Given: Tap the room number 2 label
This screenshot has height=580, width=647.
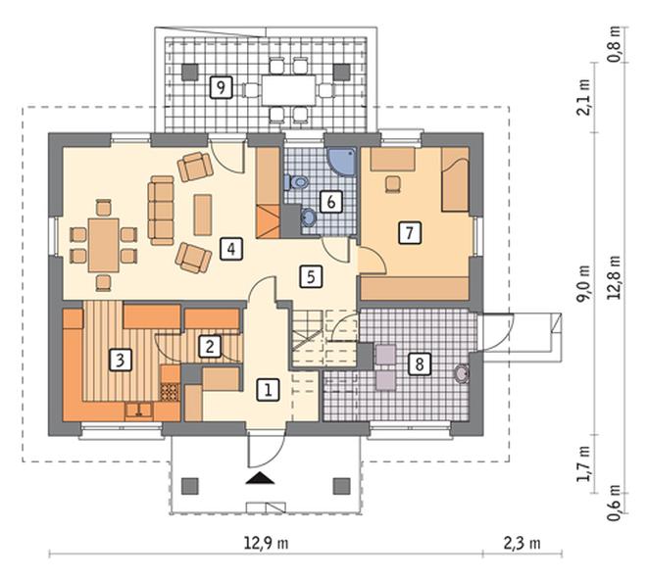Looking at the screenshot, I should pos(209,346).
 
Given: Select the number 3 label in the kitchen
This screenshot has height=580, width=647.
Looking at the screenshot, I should pos(120,360).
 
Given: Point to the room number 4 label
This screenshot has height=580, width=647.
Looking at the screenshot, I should pos(230,248).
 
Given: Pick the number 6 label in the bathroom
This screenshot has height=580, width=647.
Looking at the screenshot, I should pos(331,203).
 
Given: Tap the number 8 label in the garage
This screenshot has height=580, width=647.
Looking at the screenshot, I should pos(420,364).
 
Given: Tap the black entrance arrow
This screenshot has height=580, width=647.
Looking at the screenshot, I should pos(259,479).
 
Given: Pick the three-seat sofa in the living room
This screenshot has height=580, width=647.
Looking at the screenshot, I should pos(160,209).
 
